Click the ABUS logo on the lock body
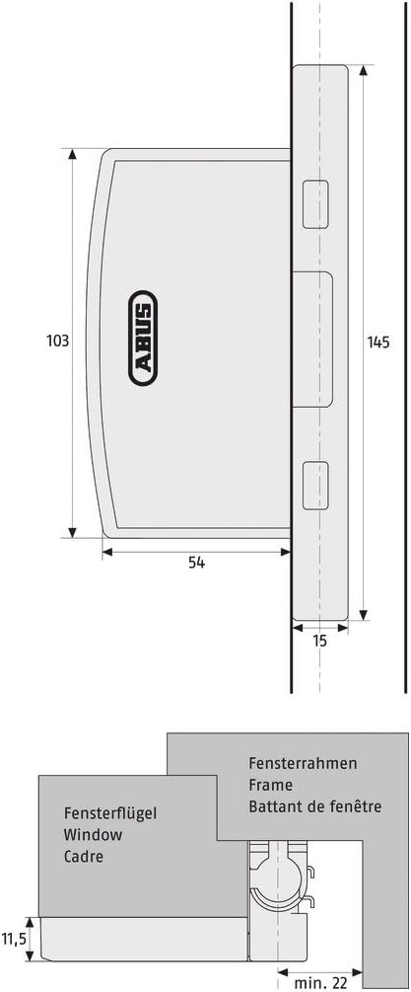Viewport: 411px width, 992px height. point(143,338)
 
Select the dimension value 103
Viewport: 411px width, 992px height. point(57,341)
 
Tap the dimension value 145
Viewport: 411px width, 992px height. point(378,343)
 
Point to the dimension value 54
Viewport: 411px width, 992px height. point(196,563)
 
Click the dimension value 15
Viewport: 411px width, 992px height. point(320,641)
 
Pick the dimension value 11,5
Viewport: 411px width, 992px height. point(13,939)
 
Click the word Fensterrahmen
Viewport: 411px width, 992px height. point(303,763)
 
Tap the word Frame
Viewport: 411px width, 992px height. point(270,785)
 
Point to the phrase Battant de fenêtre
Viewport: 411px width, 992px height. point(315,806)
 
